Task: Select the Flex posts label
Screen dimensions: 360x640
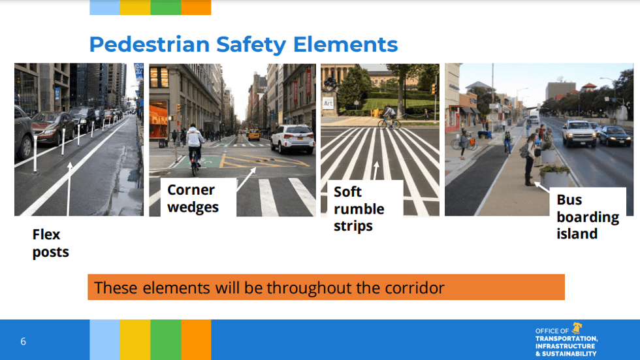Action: (50, 243)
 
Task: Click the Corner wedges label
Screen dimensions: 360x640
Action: (193, 199)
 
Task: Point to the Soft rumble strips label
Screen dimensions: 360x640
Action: (359, 209)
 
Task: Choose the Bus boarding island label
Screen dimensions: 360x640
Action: (587, 217)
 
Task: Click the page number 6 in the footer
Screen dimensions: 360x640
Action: (24, 341)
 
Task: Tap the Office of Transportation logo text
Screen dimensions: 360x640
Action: (565, 342)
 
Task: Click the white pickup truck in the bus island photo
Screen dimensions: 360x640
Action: (578, 133)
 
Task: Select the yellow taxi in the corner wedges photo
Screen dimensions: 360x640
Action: (253, 135)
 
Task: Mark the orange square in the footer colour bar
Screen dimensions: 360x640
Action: (196, 340)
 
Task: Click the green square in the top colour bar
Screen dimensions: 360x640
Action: (166, 7)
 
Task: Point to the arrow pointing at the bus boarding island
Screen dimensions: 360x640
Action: (541, 189)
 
